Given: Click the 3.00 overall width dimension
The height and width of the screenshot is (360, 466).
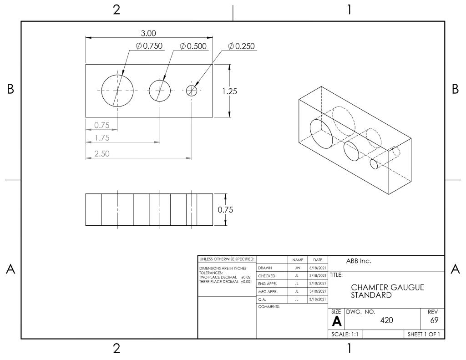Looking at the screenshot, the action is [x=148, y=33].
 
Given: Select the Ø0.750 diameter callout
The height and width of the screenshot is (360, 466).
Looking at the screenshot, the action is [x=149, y=46].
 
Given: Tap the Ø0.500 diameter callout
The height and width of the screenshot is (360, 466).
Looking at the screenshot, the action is [x=193, y=46].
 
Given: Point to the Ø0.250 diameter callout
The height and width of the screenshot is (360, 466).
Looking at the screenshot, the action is [x=241, y=46].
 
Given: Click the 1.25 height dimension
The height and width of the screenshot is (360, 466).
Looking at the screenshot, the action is [x=230, y=91].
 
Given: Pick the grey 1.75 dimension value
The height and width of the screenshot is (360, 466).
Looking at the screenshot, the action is [x=102, y=138].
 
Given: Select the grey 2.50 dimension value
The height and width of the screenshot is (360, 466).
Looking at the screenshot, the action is [x=102, y=154].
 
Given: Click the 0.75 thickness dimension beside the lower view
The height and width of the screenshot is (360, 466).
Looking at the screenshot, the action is [x=225, y=210].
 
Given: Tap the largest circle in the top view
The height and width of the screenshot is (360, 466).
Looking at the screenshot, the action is [x=101, y=91].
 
